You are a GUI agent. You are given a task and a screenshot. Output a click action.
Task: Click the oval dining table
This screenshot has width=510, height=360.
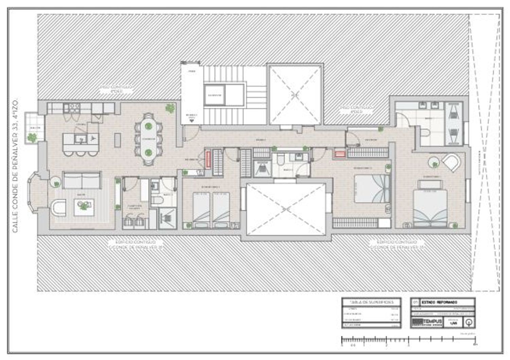(148, 139)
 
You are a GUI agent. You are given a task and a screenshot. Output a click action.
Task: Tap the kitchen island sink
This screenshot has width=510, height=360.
(81, 138)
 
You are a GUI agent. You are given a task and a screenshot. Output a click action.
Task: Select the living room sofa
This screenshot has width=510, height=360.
(82, 180)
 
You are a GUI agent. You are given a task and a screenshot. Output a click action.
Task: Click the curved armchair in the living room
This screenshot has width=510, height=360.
(58, 207)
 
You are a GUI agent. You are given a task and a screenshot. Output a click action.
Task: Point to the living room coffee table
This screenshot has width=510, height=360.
(84, 206)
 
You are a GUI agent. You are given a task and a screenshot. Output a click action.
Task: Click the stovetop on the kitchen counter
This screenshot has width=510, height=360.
(74, 108)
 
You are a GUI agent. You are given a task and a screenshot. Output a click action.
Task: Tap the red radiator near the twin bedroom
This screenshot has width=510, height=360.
(208, 160)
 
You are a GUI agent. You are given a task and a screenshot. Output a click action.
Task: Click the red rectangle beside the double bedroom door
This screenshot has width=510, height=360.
(340, 154)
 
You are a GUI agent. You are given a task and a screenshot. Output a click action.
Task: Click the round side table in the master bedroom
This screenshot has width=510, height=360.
(434, 162)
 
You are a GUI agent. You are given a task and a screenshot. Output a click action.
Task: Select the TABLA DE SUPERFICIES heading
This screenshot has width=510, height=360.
(371, 302)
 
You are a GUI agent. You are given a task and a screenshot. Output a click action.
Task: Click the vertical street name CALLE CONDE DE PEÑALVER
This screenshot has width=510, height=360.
(15, 167)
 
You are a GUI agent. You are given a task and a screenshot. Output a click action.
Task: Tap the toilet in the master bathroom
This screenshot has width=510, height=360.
(426, 132)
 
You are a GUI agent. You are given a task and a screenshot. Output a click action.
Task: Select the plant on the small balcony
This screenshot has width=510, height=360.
(32, 138)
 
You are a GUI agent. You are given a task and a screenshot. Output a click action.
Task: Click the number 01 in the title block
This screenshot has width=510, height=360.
(415, 302)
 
